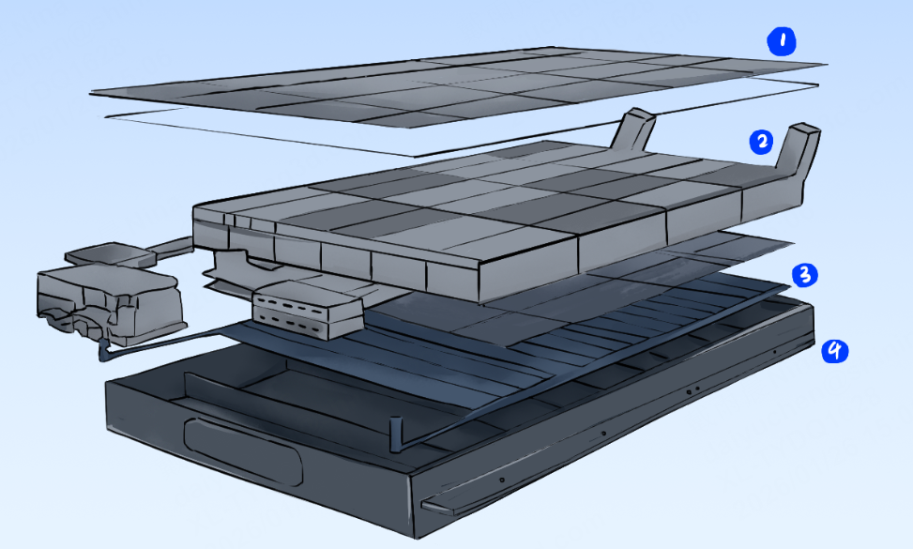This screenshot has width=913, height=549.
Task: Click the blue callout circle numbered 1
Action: (x=782, y=41)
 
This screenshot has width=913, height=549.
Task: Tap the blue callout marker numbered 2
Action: (x=761, y=142)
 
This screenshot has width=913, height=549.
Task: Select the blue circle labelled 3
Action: (x=805, y=274)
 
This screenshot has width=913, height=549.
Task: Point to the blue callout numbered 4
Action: (x=834, y=351)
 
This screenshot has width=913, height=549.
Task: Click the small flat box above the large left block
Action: (x=110, y=254)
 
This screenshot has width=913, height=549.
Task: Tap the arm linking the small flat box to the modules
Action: (x=173, y=247)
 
